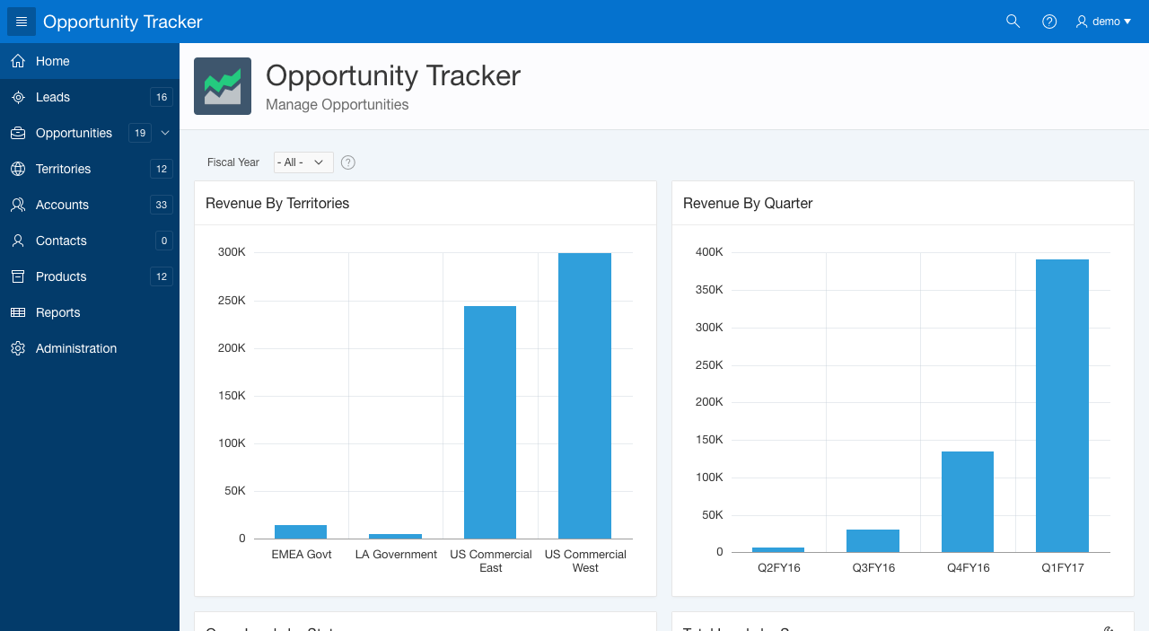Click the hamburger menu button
click(x=22, y=22)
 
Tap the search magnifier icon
click(x=1013, y=22)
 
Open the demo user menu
click(x=1103, y=22)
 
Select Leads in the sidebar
click(x=53, y=97)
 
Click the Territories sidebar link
click(x=63, y=169)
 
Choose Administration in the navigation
click(x=76, y=348)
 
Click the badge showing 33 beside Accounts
click(x=162, y=205)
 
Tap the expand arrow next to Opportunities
click(x=165, y=133)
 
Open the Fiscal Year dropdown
click(x=303, y=162)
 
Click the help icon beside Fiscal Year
click(x=348, y=162)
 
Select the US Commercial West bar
click(x=584, y=395)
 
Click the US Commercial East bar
click(x=490, y=422)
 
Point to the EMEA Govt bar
click(x=301, y=531)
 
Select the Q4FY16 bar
click(x=968, y=501)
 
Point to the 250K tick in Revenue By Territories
click(x=232, y=300)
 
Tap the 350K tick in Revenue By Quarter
click(x=709, y=290)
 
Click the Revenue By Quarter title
click(x=748, y=204)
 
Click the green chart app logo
click(x=223, y=86)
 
